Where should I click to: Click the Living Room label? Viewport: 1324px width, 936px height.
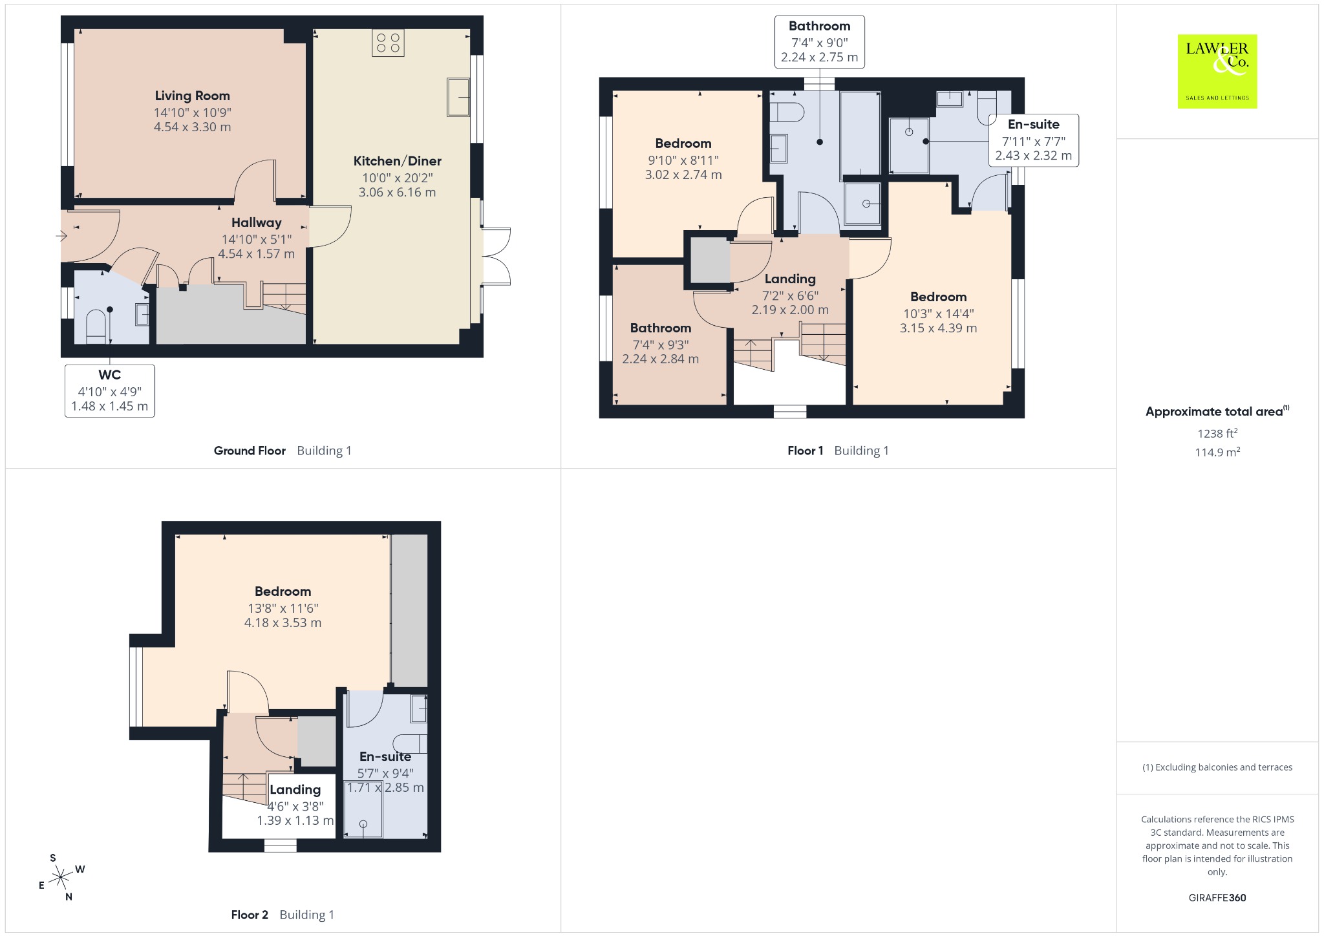[192, 96]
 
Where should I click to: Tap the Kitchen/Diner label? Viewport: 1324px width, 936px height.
[397, 161]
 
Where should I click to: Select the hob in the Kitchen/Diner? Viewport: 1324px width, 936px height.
[388, 43]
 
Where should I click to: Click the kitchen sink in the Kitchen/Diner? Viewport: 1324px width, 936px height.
[458, 97]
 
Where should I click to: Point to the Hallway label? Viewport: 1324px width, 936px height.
[257, 222]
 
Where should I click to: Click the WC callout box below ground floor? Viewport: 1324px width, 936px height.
[110, 390]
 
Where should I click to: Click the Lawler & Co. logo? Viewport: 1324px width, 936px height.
[1217, 71]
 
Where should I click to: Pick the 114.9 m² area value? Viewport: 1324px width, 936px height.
[1217, 452]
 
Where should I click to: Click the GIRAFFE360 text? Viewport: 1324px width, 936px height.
[1217, 897]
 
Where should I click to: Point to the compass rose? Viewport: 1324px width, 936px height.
[61, 877]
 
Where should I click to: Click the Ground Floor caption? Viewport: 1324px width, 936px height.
[250, 451]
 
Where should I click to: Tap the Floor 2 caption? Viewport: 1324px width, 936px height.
[250, 915]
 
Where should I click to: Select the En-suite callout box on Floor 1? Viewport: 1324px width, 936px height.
[1034, 140]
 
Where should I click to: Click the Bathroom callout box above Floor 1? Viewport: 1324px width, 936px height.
[820, 41]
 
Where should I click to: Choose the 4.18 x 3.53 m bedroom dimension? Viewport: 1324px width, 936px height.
[283, 622]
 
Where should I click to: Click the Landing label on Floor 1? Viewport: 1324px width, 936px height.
[790, 279]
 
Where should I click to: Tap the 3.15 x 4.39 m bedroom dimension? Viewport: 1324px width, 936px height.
[938, 328]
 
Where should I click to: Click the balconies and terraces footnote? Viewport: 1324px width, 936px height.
[1217, 767]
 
